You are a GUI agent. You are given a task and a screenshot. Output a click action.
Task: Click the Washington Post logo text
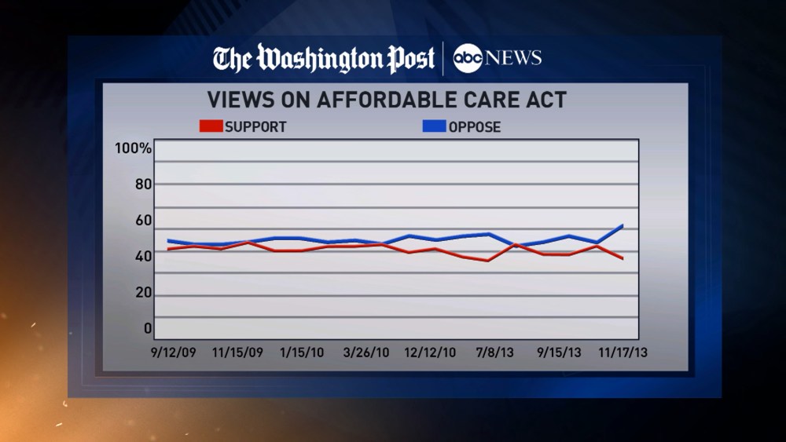coord(324,59)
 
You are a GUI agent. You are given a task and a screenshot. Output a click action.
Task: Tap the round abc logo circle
coord(468,59)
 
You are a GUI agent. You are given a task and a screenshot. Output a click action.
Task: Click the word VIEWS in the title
coord(235,100)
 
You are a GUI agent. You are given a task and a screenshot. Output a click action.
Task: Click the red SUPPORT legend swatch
coord(211,126)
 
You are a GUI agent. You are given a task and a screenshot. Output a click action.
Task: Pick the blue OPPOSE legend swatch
coord(434,126)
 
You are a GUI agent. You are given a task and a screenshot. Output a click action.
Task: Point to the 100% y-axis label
coord(133,148)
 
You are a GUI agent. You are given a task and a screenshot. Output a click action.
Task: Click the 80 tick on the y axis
coord(141,184)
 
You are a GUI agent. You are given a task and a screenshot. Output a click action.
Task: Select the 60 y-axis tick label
coord(141,221)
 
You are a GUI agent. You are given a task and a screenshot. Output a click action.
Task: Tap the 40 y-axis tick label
coord(141,257)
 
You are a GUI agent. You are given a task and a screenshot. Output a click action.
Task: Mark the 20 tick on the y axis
coord(141,293)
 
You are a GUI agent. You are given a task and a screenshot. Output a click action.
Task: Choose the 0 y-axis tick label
coord(147,329)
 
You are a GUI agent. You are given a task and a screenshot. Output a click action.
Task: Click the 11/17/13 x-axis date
coord(624,353)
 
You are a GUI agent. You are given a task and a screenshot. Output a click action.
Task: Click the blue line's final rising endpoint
coord(623,225)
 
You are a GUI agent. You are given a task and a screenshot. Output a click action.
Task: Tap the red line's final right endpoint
coord(623,258)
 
